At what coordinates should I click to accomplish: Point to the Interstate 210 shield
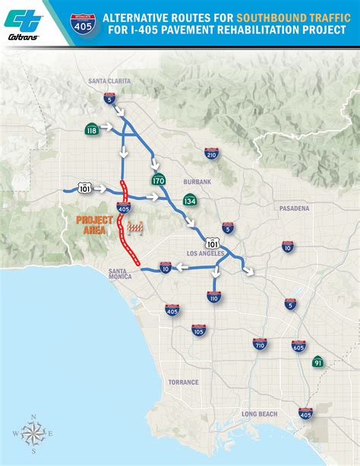coord(212,154)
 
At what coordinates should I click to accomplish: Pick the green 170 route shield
coord(159,181)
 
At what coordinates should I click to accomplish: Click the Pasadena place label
coord(294,208)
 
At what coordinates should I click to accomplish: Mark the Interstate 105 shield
coord(198,330)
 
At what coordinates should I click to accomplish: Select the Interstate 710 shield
coord(259,344)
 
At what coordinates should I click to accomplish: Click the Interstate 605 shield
coord(298,346)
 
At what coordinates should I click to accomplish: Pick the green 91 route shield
coord(317,361)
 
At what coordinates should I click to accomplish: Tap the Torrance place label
coord(183,382)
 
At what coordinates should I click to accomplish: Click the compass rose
coord(33,434)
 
